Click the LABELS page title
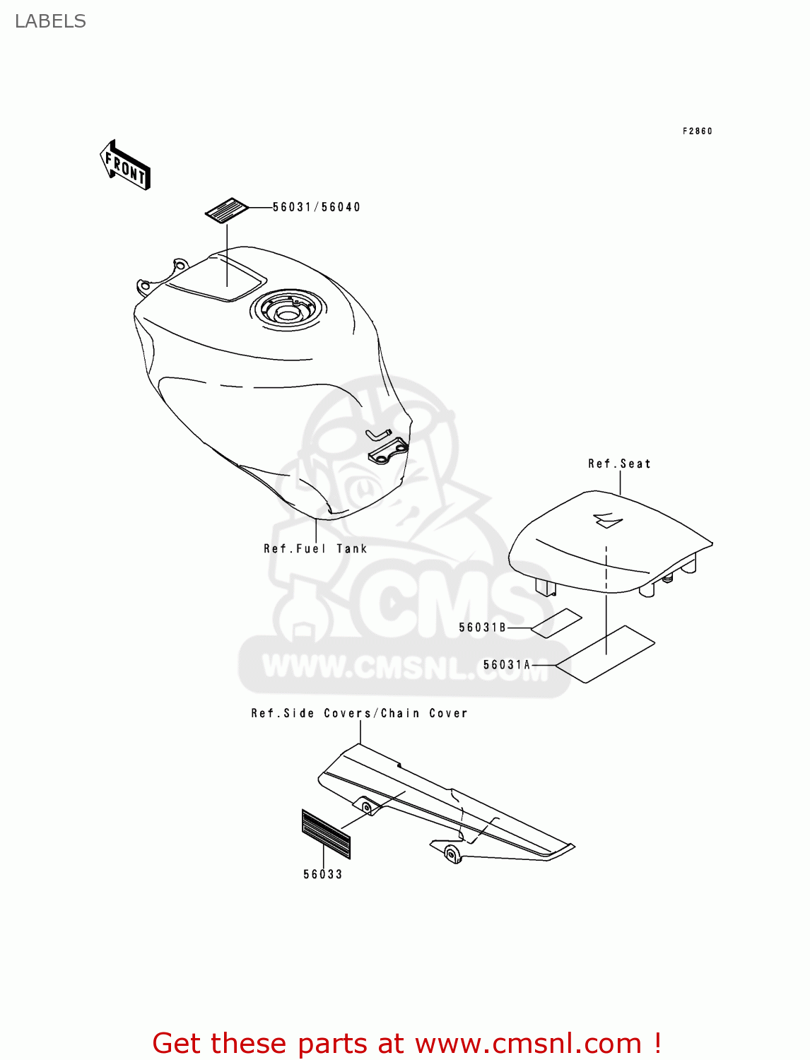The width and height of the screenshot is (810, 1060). [50, 21]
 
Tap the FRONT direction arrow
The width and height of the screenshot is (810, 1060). [125, 166]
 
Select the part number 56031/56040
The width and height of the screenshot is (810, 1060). [316, 207]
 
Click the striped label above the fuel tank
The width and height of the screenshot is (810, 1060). [227, 210]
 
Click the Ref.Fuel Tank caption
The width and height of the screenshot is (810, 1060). [315, 548]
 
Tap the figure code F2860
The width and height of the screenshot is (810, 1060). [697, 131]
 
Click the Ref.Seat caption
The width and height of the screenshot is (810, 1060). [619, 464]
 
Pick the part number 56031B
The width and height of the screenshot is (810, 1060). [482, 627]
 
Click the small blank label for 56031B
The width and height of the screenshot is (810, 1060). [556, 623]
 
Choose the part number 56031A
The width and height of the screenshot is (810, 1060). [506, 664]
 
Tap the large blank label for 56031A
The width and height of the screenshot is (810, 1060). [605, 654]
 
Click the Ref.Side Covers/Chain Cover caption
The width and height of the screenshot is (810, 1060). [359, 713]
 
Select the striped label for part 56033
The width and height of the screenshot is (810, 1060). [326, 833]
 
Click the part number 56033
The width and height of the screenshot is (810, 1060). [322, 874]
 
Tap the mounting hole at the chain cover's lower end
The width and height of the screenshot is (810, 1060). [451, 854]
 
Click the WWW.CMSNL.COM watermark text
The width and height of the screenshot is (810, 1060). [404, 667]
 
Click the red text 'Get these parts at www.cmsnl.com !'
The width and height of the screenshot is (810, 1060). [406, 1043]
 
